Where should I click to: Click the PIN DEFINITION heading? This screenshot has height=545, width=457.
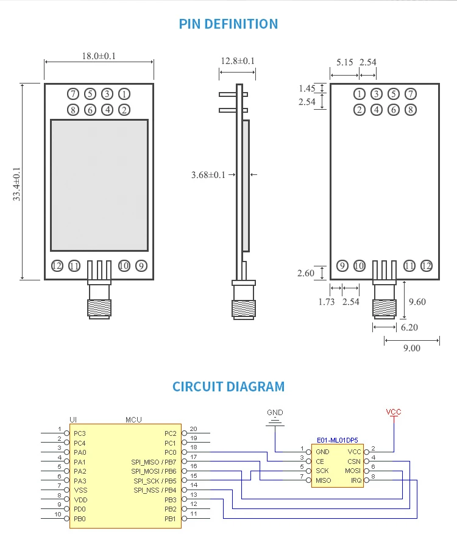pos(228,24)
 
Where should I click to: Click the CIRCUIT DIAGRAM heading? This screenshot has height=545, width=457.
pos(228,386)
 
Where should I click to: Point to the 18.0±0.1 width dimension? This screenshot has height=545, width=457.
pos(99,56)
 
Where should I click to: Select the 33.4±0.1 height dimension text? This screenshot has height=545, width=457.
pos(17,183)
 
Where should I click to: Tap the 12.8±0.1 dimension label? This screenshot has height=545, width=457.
pos(238,61)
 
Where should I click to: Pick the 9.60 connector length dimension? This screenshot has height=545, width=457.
pos(417,301)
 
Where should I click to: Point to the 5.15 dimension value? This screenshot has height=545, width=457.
pos(345,62)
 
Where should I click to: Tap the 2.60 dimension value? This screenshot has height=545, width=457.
pos(306,273)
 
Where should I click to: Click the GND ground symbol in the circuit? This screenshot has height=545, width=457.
pos(275,421)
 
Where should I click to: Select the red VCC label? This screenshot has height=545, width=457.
pos(394,412)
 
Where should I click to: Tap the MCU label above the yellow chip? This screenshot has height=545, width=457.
pos(133,419)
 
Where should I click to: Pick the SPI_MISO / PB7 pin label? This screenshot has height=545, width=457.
pos(154,461)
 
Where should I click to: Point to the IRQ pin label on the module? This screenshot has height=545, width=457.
pos(355,480)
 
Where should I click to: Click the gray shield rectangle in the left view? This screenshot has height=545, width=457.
pos(99,185)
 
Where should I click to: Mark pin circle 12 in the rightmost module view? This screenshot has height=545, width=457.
pos(426,266)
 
